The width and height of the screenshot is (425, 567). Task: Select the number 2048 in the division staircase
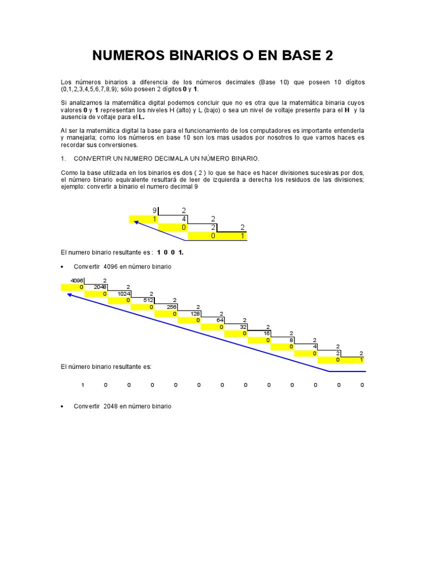click(100, 287)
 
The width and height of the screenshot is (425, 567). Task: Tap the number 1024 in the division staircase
click(123, 293)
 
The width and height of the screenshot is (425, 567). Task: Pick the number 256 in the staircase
click(172, 307)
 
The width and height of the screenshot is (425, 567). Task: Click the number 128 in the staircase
click(195, 313)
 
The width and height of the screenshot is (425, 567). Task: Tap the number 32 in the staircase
click(243, 327)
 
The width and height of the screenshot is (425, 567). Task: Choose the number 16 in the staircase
click(267, 333)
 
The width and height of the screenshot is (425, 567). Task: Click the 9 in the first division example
click(154, 210)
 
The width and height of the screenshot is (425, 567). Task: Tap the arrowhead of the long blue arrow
click(69, 294)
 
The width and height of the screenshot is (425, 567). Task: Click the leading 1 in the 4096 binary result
click(82, 384)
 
